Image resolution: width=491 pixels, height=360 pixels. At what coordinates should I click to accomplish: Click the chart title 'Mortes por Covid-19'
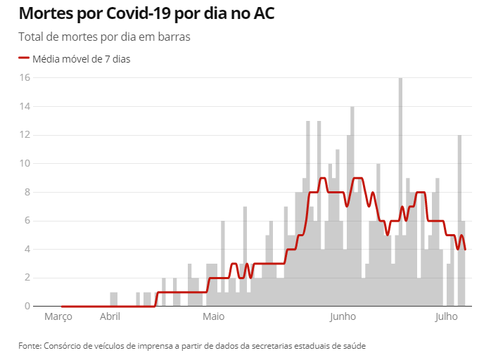(x=146, y=13)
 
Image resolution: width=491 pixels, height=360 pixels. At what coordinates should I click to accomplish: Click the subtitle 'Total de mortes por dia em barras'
(x=104, y=37)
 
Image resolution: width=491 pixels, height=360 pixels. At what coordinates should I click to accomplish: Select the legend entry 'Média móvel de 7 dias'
(x=82, y=59)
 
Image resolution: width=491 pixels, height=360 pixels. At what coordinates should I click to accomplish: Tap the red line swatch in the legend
(x=24, y=59)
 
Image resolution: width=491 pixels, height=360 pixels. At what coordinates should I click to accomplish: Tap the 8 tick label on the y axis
(x=26, y=192)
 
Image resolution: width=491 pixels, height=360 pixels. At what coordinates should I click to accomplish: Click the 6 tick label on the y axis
(x=26, y=221)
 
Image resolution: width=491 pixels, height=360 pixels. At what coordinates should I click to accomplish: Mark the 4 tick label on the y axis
(x=26, y=250)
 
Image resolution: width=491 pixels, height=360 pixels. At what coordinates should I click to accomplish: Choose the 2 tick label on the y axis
(x=26, y=278)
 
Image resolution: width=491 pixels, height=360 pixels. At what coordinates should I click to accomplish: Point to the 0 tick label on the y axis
(x=26, y=307)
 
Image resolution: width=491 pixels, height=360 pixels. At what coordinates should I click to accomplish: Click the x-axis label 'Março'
(x=58, y=317)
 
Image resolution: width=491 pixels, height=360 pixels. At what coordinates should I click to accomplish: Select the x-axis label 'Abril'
(x=110, y=317)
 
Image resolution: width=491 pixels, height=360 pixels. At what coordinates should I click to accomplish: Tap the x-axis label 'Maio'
(x=214, y=317)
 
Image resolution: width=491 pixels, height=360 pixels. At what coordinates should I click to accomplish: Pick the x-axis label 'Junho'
(x=344, y=317)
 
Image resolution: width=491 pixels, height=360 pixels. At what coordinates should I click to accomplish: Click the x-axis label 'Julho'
(x=446, y=317)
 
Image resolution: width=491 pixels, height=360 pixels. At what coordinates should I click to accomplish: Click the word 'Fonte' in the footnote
(x=30, y=346)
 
